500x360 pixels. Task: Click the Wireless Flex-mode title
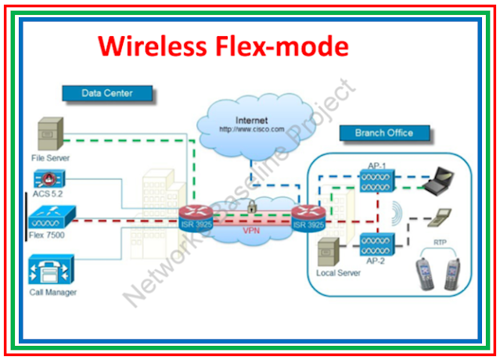pyautogui.click(x=223, y=47)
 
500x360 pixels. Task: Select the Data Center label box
pyautogui.click(x=107, y=93)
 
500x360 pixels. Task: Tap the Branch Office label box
pyautogui.click(x=384, y=132)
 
